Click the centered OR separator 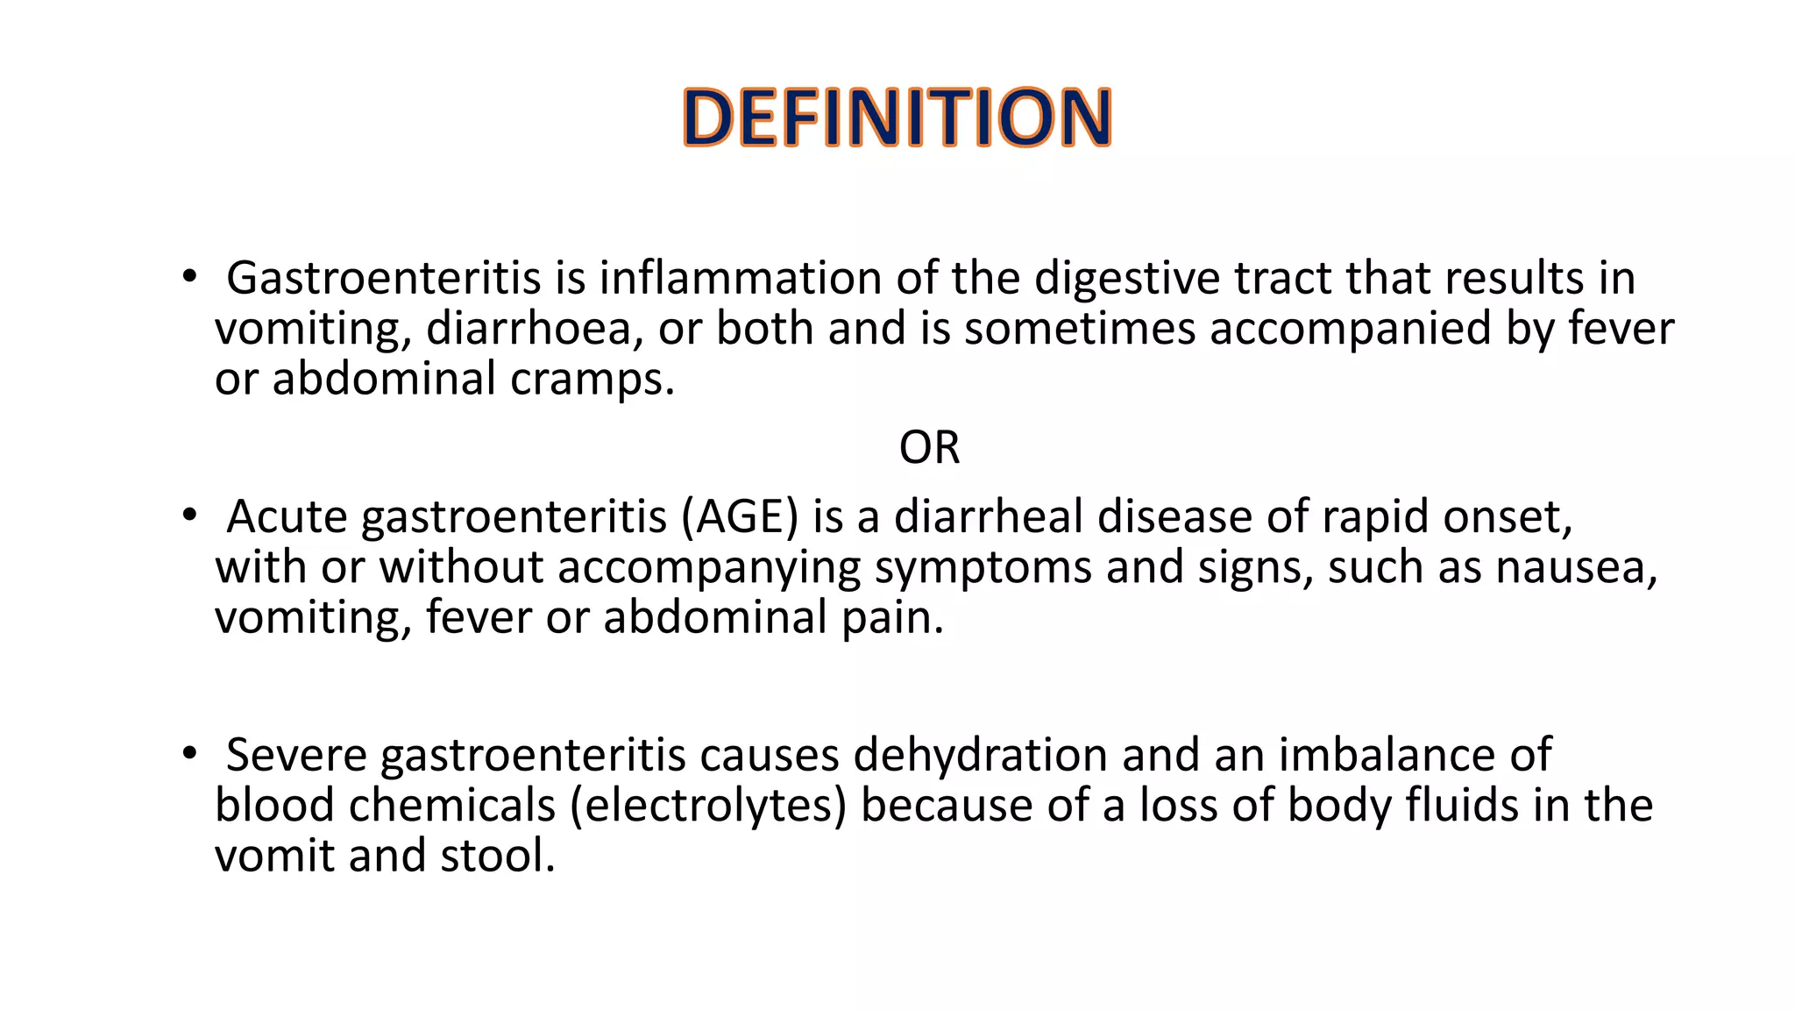tap(929, 448)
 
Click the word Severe tap(296, 755)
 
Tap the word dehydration tap(980, 755)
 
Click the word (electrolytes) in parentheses tap(708, 806)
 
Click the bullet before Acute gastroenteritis tap(189, 516)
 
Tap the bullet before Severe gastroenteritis tap(189, 754)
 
